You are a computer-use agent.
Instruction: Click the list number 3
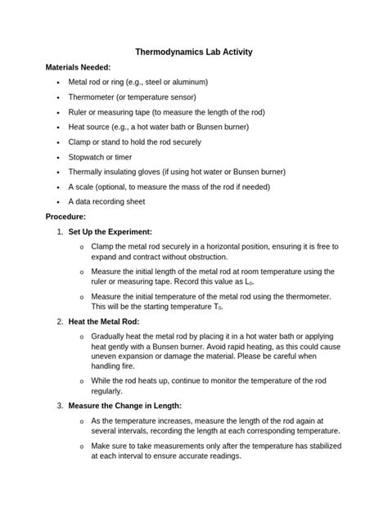pos(60,406)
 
